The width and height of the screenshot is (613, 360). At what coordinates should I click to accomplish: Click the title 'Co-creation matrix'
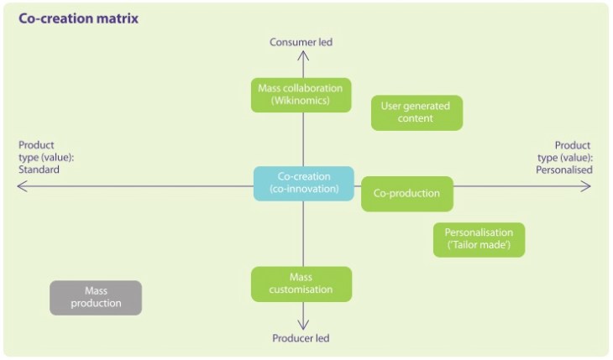pos(78,18)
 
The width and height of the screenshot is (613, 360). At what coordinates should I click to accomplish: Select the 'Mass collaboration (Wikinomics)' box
pos(301,95)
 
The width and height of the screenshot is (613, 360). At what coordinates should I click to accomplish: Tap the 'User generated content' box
pos(417,112)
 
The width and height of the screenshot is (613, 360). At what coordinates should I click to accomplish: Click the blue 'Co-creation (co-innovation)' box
pos(304,183)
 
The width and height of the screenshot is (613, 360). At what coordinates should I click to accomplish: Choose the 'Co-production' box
pos(406,194)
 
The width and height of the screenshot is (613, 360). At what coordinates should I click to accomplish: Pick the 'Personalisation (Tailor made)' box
pos(479,240)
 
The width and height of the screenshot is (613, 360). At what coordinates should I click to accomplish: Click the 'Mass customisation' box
pos(301,284)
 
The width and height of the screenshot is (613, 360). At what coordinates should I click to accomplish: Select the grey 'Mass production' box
pos(96,297)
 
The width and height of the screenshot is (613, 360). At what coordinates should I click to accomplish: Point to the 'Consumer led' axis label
pos(301,42)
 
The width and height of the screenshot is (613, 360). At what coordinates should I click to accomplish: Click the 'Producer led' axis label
pos(301,338)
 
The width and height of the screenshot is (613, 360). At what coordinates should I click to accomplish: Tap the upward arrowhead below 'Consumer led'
pos(303,55)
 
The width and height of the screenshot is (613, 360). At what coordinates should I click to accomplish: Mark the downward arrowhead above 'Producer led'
pos(303,325)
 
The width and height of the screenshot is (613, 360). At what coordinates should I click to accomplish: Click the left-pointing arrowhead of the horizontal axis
pos(20,186)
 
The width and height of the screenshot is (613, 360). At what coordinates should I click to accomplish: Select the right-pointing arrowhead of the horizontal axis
pos(587,186)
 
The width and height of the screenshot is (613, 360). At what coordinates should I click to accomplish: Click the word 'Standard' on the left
pos(39,170)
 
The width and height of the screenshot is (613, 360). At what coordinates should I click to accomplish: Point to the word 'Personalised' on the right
pos(564,170)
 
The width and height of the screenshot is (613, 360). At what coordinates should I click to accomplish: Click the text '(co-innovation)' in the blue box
pos(304,190)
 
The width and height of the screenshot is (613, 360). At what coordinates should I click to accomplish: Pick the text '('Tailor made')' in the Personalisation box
pos(479,247)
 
